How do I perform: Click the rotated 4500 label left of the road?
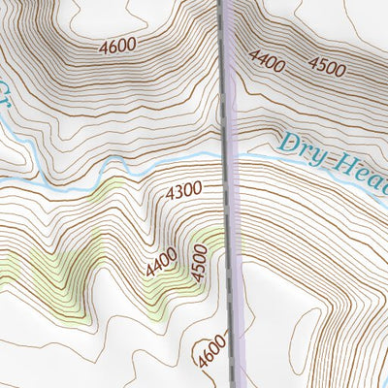click(200, 264)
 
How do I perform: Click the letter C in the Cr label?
click(3, 90)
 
